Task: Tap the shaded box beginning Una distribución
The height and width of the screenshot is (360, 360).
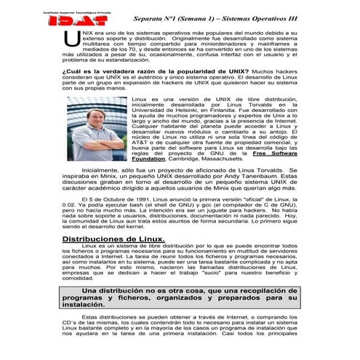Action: coord(180,297)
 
